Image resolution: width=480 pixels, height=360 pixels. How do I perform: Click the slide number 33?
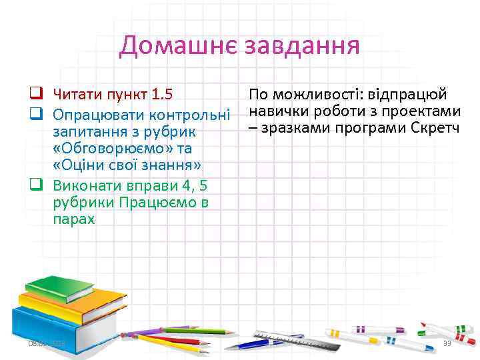pyautogui.click(x=447, y=343)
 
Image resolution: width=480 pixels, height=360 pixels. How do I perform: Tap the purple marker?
pyautogui.click(x=144, y=331)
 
